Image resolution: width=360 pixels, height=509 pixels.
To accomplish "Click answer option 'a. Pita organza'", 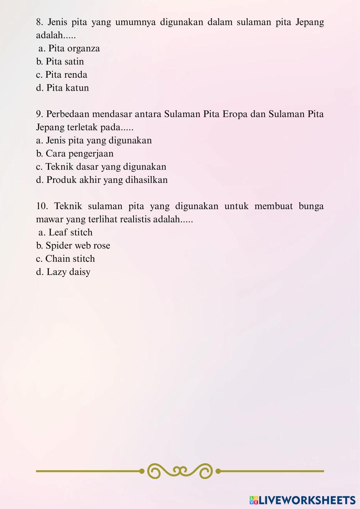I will [69, 48].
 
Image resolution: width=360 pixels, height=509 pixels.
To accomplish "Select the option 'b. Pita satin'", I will [60, 62].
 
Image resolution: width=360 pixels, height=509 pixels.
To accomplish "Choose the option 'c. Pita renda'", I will [62, 75].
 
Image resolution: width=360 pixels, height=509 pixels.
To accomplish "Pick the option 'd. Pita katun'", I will [62, 88].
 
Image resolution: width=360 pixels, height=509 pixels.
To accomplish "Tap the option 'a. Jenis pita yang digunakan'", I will [94, 140].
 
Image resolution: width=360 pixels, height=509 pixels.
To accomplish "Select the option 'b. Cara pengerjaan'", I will [75, 154].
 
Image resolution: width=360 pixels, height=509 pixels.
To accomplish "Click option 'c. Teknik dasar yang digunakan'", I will [101, 167].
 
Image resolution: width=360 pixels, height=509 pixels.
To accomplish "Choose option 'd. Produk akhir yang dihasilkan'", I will [102, 180].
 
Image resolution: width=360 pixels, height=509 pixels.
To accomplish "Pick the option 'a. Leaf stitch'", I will [66, 233].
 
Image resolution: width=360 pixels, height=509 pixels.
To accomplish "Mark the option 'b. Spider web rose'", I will [73, 246].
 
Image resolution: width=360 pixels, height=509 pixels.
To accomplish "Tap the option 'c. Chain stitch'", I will [66, 259].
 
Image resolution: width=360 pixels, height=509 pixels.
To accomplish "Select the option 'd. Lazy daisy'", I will [63, 272].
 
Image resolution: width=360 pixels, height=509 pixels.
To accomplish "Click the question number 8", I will [40, 22].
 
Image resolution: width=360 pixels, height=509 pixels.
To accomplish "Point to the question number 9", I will [40, 114].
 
